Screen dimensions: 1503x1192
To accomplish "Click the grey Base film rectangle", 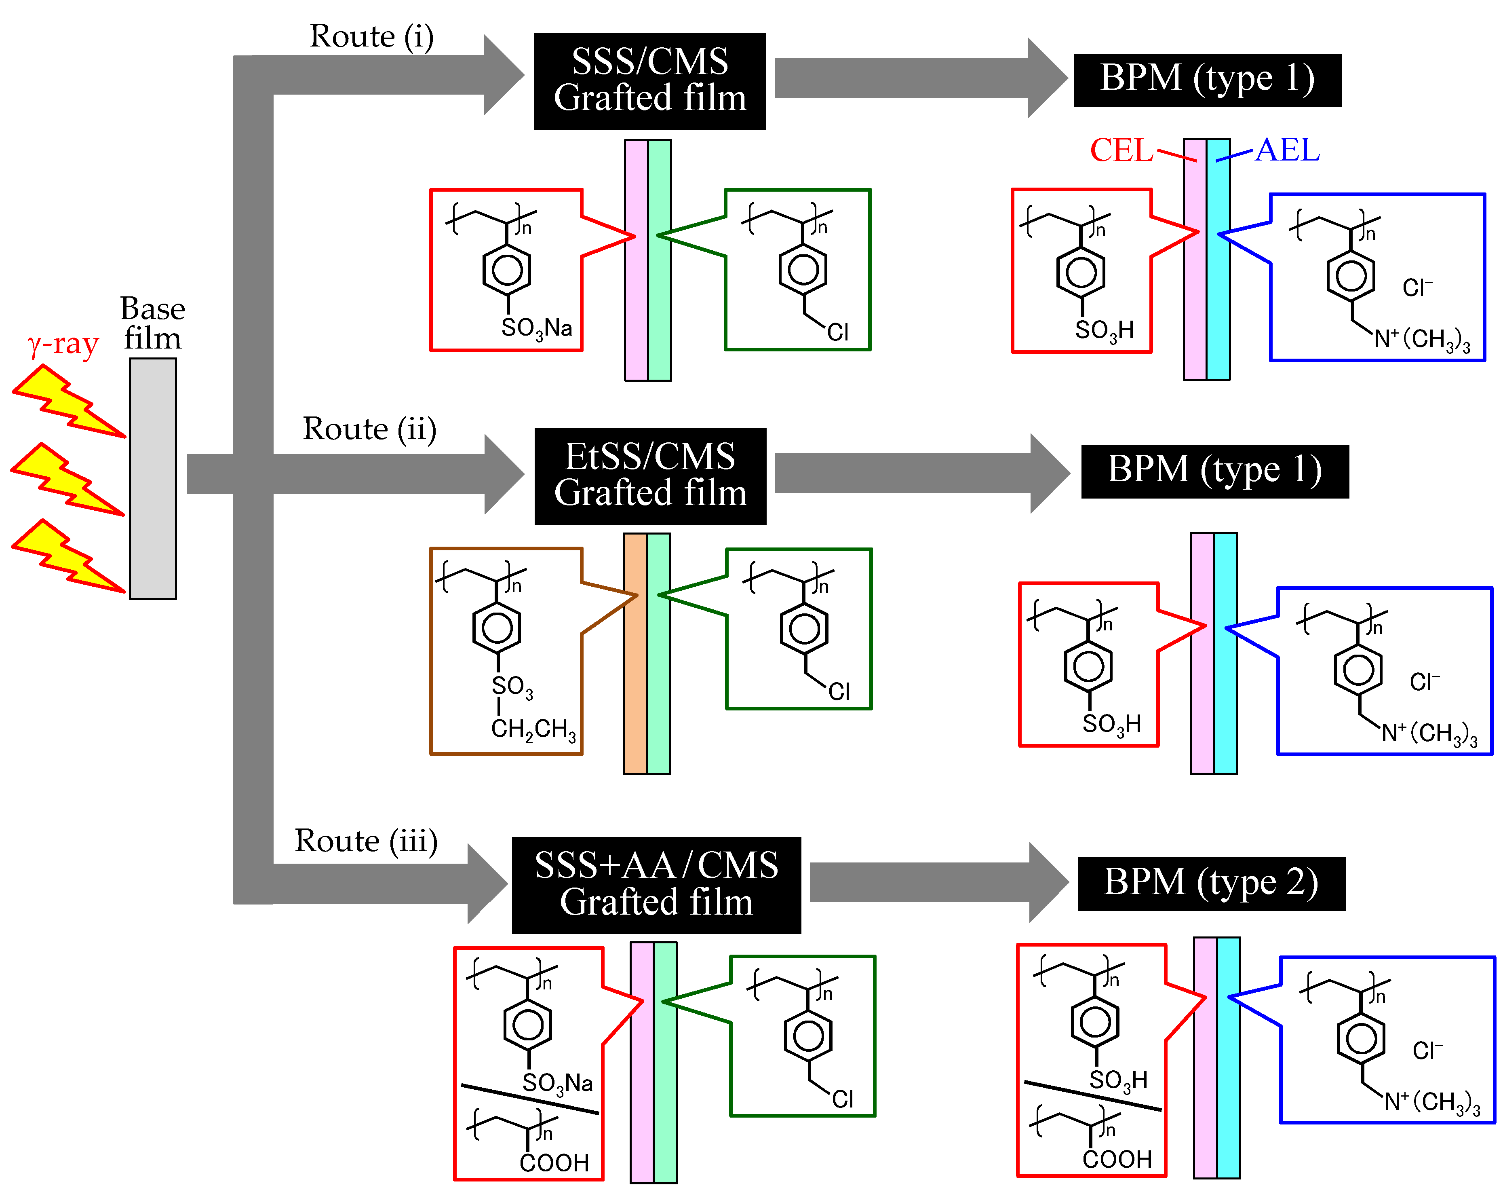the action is tap(153, 478).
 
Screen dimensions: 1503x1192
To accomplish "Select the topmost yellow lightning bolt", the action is tap(68, 401).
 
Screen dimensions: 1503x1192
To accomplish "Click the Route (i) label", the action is tap(371, 36).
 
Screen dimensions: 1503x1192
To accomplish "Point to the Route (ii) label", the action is tap(369, 429).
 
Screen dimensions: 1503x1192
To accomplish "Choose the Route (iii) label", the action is tap(366, 841).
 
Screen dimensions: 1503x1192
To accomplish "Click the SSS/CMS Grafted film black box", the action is tap(650, 81).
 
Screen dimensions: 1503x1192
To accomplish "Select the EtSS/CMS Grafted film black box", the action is tap(650, 476).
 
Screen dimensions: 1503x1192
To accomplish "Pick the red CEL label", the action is tap(1121, 150).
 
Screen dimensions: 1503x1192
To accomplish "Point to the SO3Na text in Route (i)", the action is tap(537, 328).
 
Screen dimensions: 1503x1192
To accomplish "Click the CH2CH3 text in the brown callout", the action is tap(534, 729).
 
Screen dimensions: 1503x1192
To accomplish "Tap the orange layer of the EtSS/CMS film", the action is tap(635, 653).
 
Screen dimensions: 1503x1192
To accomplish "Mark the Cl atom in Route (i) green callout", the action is tap(838, 332).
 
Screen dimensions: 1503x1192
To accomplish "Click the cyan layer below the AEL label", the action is tap(1218, 260).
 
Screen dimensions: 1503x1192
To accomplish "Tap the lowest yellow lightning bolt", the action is tap(68, 556).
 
